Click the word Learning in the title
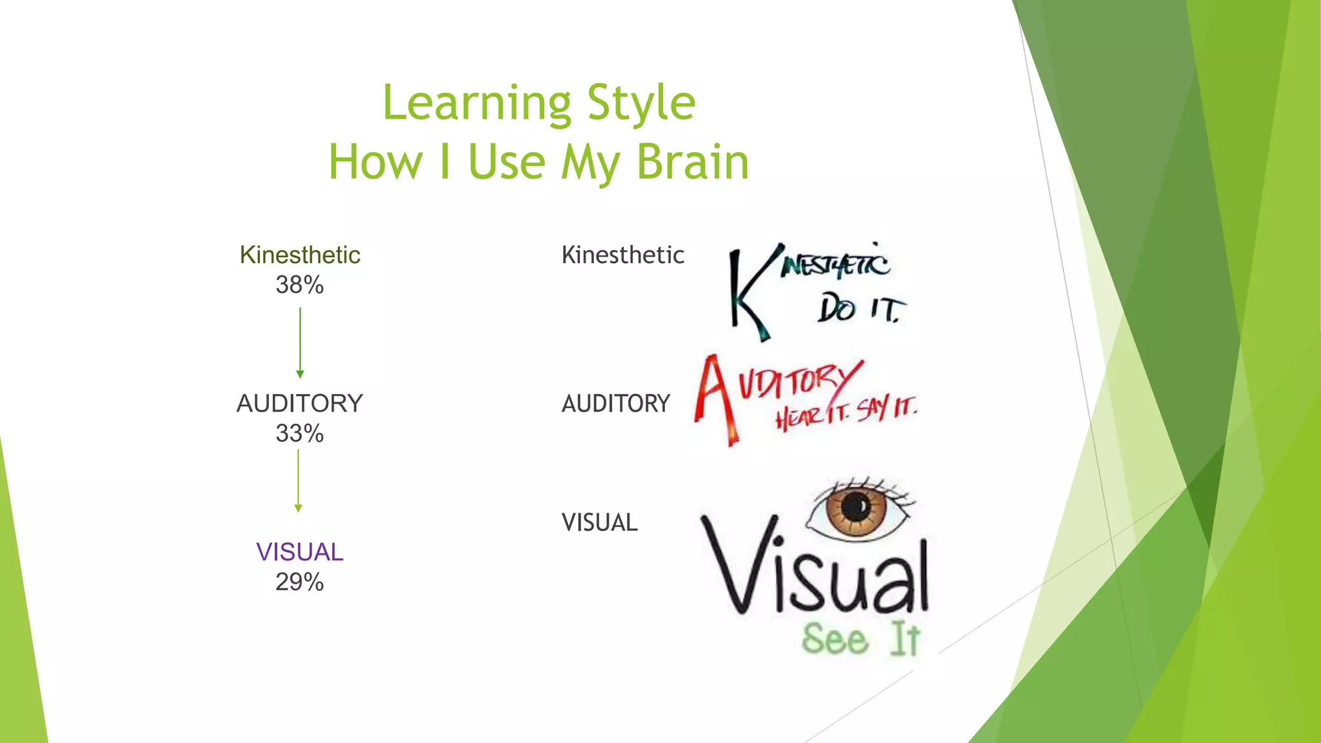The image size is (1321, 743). click(x=477, y=103)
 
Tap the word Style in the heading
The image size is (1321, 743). click(x=641, y=103)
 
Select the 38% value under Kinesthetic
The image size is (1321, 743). click(x=299, y=284)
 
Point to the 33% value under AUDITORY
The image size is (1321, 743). click(x=299, y=433)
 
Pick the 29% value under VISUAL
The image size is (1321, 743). click(x=299, y=582)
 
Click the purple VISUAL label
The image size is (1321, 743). click(x=299, y=552)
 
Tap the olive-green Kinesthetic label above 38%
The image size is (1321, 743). click(x=299, y=255)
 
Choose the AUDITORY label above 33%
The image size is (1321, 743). click(x=299, y=403)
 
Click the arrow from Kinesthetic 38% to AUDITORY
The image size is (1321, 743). click(x=300, y=342)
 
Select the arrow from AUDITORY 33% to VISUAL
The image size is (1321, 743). click(x=298, y=480)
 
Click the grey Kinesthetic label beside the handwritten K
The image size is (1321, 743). click(x=622, y=255)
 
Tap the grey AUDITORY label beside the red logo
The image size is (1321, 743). click(x=615, y=404)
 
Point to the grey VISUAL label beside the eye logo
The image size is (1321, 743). click(x=599, y=522)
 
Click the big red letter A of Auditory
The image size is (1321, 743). click(x=716, y=397)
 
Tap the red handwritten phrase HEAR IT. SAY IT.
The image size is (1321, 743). click(x=845, y=413)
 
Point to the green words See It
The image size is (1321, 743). click(x=861, y=639)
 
